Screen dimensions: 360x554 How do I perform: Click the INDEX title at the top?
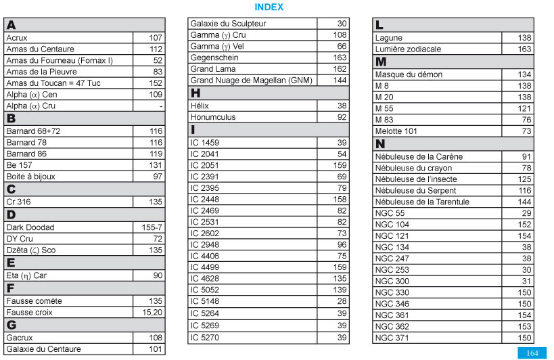point(269,7)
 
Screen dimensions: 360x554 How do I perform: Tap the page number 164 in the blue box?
point(532,353)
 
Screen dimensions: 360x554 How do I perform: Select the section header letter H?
point(196,93)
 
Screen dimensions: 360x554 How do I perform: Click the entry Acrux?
point(17,38)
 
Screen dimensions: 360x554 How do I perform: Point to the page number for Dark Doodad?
point(152,227)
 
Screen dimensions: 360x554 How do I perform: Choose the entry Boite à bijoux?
point(30,177)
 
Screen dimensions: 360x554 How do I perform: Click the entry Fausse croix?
point(29,312)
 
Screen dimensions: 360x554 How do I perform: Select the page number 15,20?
point(152,312)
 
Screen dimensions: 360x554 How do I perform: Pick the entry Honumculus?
point(213,117)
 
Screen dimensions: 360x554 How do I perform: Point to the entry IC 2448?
point(205,200)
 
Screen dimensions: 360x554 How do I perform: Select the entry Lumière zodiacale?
point(408,49)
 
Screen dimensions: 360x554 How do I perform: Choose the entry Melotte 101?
point(396,131)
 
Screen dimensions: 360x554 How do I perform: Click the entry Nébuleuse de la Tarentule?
point(422,202)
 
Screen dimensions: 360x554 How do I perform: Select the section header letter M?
point(380,62)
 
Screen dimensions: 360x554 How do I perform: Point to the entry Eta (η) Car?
point(26,275)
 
